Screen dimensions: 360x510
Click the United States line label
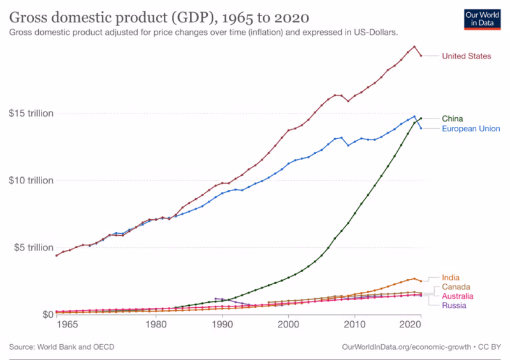467,56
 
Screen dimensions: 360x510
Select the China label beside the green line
452,119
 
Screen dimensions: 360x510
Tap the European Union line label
470,129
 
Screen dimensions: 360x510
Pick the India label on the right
451,277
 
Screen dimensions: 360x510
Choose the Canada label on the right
456,287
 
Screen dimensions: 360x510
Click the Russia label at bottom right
454,305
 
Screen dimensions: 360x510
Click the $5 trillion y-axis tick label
34,247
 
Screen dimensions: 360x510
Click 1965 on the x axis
67,324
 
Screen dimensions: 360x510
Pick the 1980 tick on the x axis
156,324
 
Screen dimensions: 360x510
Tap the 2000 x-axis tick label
288,324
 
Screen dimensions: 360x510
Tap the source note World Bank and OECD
62,347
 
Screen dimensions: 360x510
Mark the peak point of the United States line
414,47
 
